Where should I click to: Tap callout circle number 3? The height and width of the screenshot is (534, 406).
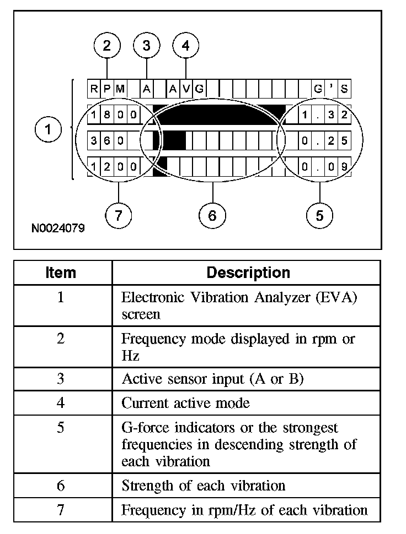[146, 46]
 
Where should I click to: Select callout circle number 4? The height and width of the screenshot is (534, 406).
[186, 46]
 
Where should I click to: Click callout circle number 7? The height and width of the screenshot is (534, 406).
[118, 216]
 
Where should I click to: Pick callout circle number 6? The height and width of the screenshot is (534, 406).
[213, 216]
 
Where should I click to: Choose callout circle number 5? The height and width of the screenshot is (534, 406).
[320, 216]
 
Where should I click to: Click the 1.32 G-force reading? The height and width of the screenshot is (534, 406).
[324, 115]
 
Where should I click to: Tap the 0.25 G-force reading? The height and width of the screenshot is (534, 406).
[324, 140]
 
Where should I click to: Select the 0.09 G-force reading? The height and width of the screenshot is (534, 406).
[324, 166]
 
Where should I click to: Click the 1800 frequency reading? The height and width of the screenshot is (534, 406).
[114, 115]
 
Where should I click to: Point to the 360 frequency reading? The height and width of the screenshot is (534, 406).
[107, 140]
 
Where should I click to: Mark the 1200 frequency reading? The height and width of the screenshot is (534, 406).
[114, 166]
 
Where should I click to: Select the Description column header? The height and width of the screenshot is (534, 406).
[248, 273]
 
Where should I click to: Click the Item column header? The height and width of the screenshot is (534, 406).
[61, 273]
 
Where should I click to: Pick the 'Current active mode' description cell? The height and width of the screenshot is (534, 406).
[185, 403]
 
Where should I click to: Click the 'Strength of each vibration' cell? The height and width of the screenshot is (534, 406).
[203, 486]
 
